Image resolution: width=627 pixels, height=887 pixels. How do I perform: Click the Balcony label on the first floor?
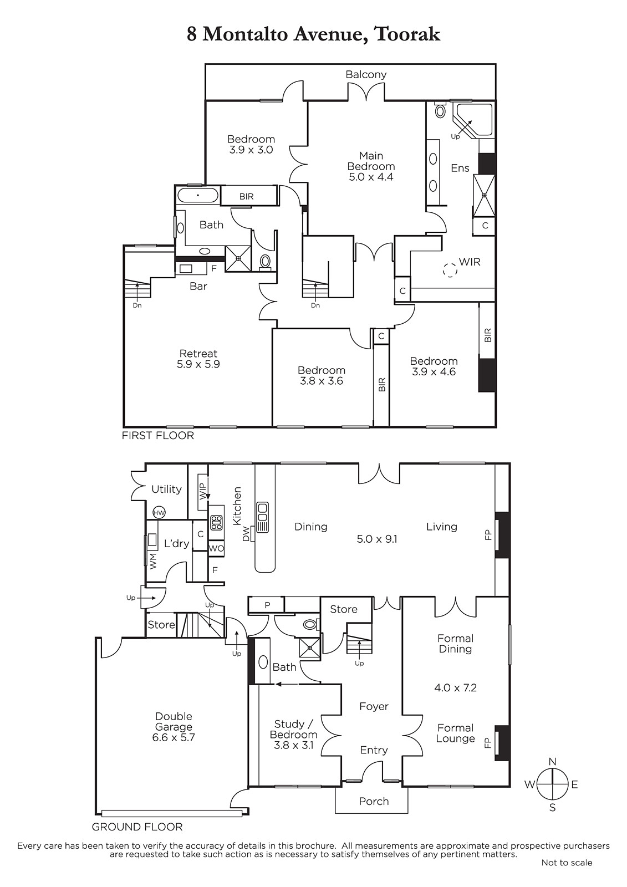pyautogui.click(x=365, y=74)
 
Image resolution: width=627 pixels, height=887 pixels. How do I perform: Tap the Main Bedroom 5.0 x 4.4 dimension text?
pyautogui.click(x=371, y=177)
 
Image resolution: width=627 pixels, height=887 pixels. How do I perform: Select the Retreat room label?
pyautogui.click(x=198, y=353)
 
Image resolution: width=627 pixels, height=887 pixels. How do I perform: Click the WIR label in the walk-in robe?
pyautogui.click(x=470, y=262)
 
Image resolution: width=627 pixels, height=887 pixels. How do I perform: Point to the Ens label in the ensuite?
pyautogui.click(x=460, y=169)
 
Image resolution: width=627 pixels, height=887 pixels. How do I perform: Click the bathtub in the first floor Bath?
pyautogui.click(x=198, y=196)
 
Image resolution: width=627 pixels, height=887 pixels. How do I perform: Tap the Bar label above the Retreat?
pyautogui.click(x=198, y=286)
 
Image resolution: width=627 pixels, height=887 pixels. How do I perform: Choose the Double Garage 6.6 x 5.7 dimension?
pyautogui.click(x=174, y=737)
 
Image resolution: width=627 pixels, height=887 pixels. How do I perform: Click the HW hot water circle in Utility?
pyautogui.click(x=159, y=513)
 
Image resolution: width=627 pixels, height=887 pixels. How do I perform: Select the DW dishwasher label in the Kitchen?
pyautogui.click(x=246, y=533)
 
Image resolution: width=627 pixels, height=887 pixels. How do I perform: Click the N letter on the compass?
pyautogui.click(x=553, y=761)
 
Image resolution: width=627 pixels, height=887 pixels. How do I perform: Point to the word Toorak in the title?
pyautogui.click(x=407, y=34)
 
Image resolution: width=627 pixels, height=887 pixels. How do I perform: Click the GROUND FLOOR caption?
pyautogui.click(x=137, y=827)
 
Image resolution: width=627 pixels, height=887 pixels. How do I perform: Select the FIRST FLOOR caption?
pyautogui.click(x=157, y=436)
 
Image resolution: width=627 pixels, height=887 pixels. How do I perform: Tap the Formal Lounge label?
pyautogui.click(x=455, y=733)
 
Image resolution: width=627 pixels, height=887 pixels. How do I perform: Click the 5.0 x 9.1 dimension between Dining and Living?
pyautogui.click(x=376, y=539)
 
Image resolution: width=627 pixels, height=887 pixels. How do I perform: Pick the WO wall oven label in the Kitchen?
pyautogui.click(x=216, y=549)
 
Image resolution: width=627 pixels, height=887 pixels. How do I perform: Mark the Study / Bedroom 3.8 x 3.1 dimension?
pyautogui.click(x=293, y=745)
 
